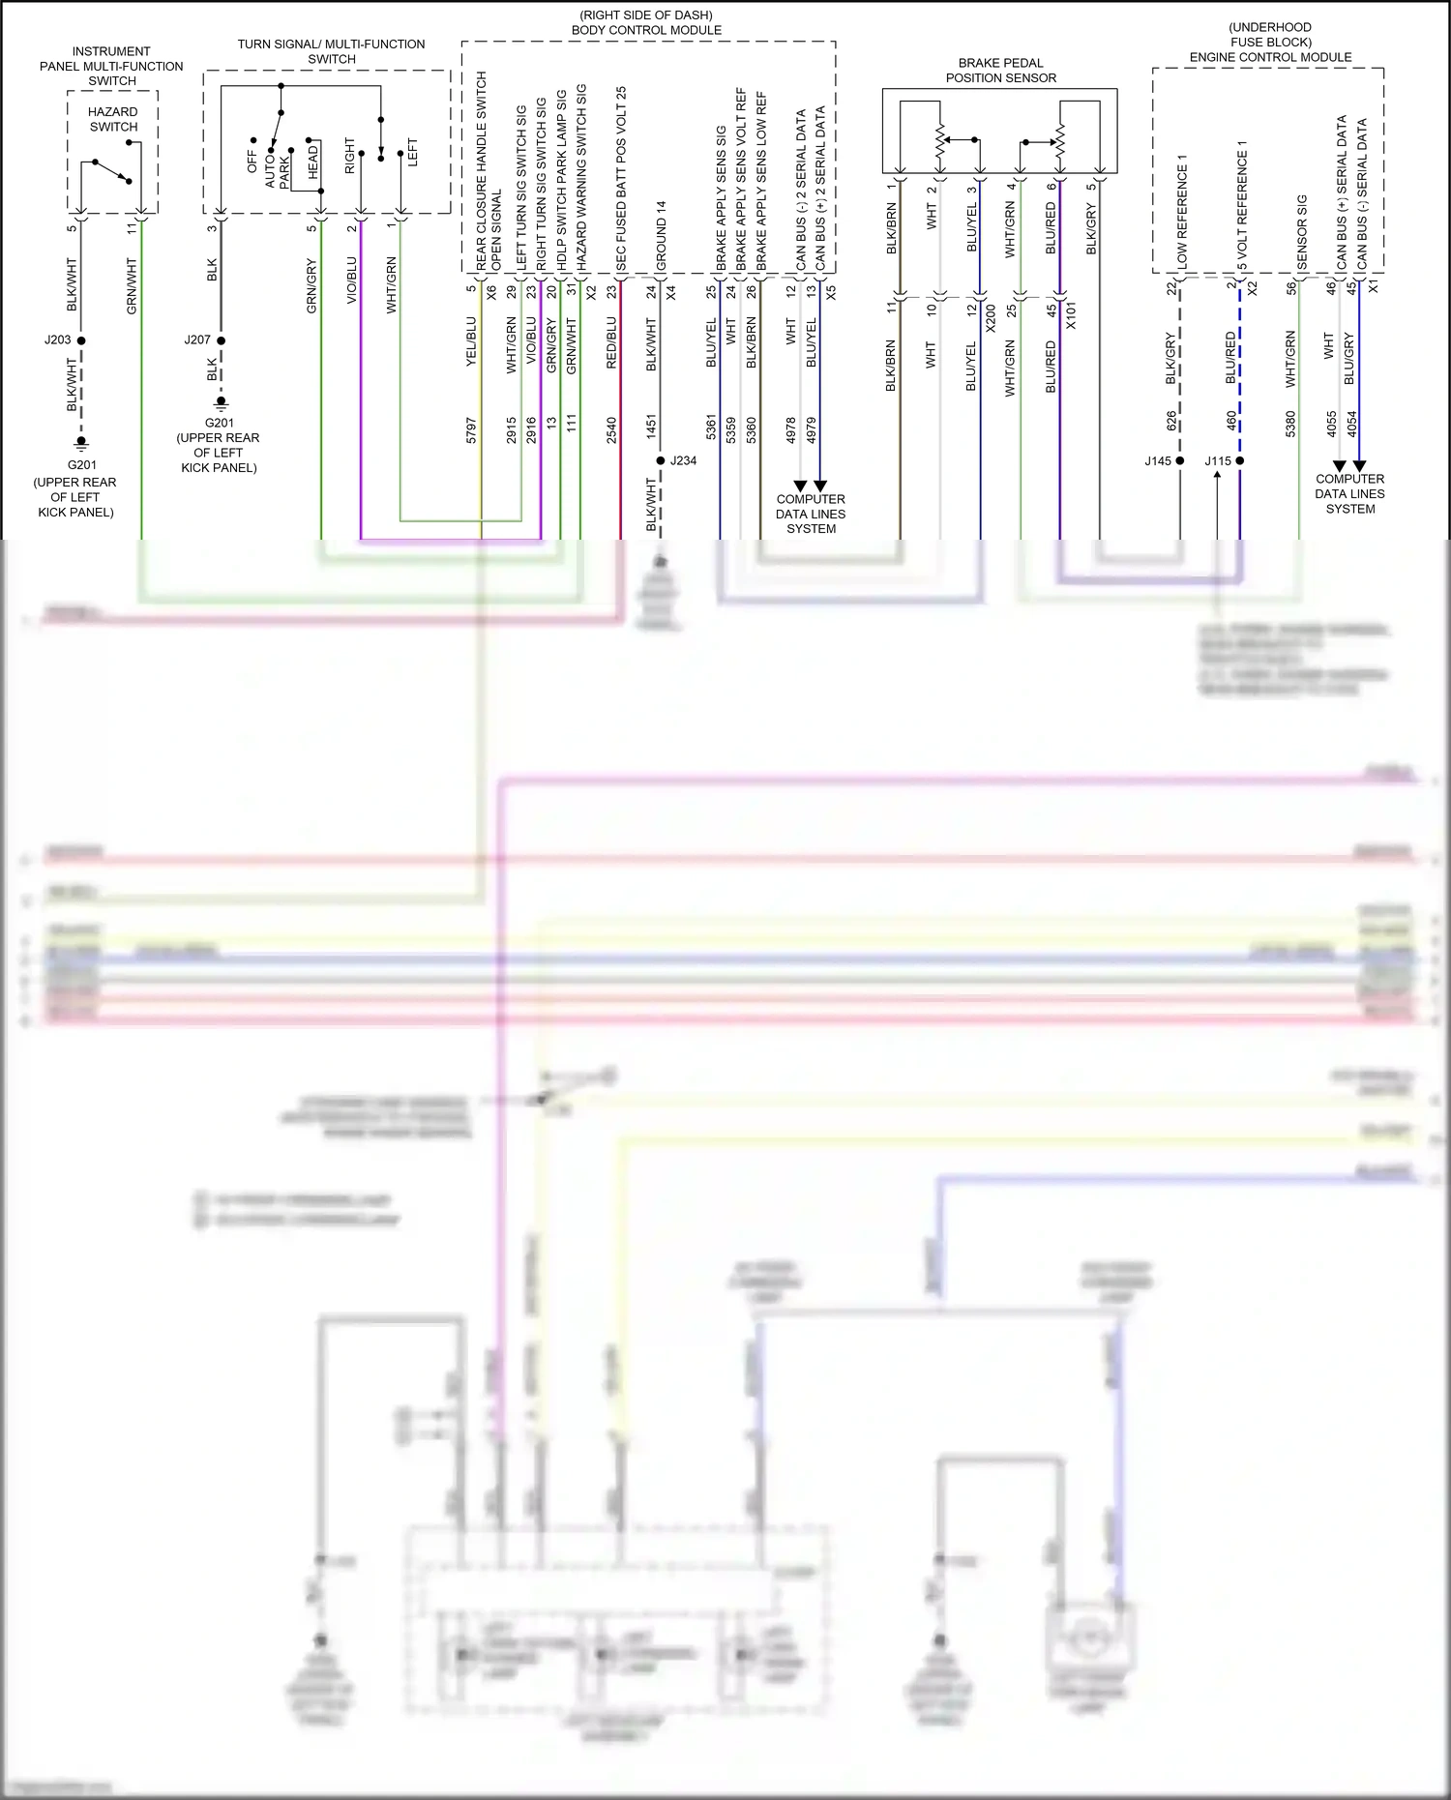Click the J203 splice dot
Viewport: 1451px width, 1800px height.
click(x=81, y=340)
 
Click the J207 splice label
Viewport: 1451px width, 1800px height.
click(x=197, y=340)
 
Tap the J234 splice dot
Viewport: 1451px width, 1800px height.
click(x=661, y=460)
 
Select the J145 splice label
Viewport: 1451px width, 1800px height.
click(x=1158, y=461)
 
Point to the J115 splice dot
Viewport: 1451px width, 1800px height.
click(x=1240, y=460)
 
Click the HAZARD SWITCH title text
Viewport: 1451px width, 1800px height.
click(x=113, y=119)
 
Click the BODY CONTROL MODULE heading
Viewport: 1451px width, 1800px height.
click(x=646, y=30)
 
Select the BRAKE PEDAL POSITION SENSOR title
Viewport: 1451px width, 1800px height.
click(x=1000, y=71)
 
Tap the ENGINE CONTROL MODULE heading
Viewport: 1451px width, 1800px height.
click(x=1270, y=57)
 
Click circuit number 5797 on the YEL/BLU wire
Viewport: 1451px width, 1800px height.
click(x=472, y=430)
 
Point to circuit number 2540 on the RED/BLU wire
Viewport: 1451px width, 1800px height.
click(x=611, y=430)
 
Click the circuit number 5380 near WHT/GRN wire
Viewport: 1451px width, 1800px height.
click(x=1290, y=425)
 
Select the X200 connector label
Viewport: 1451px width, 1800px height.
click(x=991, y=317)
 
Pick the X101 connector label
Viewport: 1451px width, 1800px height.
click(x=1071, y=316)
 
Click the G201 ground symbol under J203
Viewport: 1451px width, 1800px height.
click(x=81, y=443)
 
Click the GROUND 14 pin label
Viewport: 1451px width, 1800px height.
click(x=662, y=235)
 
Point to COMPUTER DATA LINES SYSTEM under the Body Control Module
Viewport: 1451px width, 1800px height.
click(x=811, y=514)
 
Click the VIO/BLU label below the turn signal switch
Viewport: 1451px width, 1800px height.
click(x=351, y=280)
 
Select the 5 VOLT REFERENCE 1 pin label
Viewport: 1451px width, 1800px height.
click(x=1242, y=205)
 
